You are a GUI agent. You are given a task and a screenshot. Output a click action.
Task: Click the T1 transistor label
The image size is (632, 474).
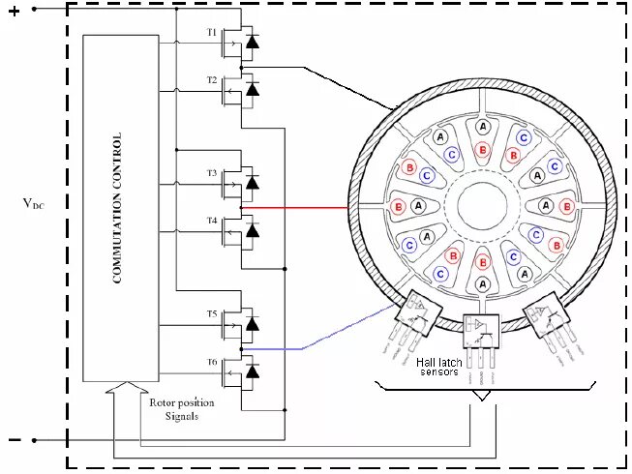[212, 31]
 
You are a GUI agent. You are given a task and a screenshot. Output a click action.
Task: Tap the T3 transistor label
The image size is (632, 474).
[212, 172]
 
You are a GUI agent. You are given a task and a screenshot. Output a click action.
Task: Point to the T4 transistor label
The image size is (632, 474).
[212, 221]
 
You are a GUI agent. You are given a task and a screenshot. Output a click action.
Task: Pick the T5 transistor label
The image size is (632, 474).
[212, 313]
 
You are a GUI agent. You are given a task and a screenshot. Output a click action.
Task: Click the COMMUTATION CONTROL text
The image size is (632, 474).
[117, 208]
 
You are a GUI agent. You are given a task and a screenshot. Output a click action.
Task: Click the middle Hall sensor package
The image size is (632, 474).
[481, 332]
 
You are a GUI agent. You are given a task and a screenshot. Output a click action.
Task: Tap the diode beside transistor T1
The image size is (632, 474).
[253, 43]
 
